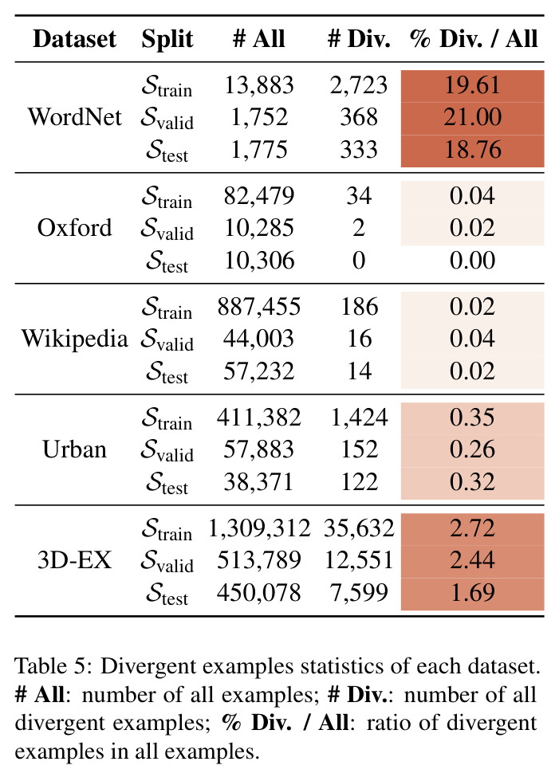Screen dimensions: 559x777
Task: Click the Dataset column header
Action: pos(74,39)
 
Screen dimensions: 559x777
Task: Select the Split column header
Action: pos(167,40)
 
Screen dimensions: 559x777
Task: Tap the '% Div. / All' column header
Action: pos(474,39)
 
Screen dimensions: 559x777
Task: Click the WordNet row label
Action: pos(74,117)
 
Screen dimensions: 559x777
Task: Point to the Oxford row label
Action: pos(74,228)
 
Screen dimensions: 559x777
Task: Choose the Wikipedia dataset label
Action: pos(74,339)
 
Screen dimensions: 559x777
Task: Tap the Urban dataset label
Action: pos(74,449)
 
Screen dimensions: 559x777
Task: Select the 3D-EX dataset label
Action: pos(74,560)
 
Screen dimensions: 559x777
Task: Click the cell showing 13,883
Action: pos(259,85)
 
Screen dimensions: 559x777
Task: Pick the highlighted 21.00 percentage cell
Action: pos(473,118)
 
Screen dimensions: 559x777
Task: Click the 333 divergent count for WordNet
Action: pos(359,150)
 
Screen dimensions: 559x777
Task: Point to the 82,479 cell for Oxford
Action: pos(259,196)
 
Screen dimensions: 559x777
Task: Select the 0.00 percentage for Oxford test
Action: pos(472,261)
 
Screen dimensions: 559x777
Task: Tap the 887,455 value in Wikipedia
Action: pos(259,307)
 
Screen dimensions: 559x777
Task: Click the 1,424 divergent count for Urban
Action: pos(359,418)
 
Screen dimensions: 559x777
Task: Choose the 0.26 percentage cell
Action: pos(473,449)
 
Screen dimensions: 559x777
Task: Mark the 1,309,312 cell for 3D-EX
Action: pos(259,528)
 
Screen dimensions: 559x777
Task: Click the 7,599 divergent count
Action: pos(359,593)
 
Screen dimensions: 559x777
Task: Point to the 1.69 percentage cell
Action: pos(473,593)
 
